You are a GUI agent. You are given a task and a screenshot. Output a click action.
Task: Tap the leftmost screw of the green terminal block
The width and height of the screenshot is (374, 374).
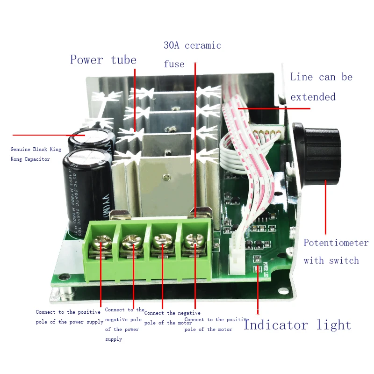click(101, 242)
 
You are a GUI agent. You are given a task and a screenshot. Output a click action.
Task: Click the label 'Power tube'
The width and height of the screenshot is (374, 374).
click(103, 60)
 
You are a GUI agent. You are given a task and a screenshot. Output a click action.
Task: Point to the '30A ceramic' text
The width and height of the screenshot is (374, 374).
click(192, 46)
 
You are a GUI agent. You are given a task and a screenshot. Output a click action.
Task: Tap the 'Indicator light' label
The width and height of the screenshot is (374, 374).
click(297, 325)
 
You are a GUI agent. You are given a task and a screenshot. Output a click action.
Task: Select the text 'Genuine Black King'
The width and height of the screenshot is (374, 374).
click(36, 150)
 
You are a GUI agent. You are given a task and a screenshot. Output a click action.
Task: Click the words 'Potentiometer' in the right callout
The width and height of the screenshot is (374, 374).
click(336, 243)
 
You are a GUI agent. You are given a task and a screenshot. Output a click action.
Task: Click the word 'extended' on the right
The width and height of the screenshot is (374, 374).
click(313, 97)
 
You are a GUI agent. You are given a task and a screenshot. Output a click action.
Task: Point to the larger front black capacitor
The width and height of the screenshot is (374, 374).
click(86, 189)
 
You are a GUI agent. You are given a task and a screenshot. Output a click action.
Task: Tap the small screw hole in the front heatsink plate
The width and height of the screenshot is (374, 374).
click(165, 177)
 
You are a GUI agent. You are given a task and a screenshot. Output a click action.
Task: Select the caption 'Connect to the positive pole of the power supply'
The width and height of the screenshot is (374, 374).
click(70, 317)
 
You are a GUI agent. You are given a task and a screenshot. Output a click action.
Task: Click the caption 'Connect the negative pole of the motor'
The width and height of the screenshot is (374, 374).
click(172, 318)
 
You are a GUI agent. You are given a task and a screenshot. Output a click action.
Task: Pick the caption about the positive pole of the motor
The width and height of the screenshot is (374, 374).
click(216, 324)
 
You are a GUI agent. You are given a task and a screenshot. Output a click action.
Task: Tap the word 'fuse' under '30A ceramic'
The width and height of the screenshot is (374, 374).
click(174, 65)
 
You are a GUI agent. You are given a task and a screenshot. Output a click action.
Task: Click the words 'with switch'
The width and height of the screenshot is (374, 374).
click(331, 261)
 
